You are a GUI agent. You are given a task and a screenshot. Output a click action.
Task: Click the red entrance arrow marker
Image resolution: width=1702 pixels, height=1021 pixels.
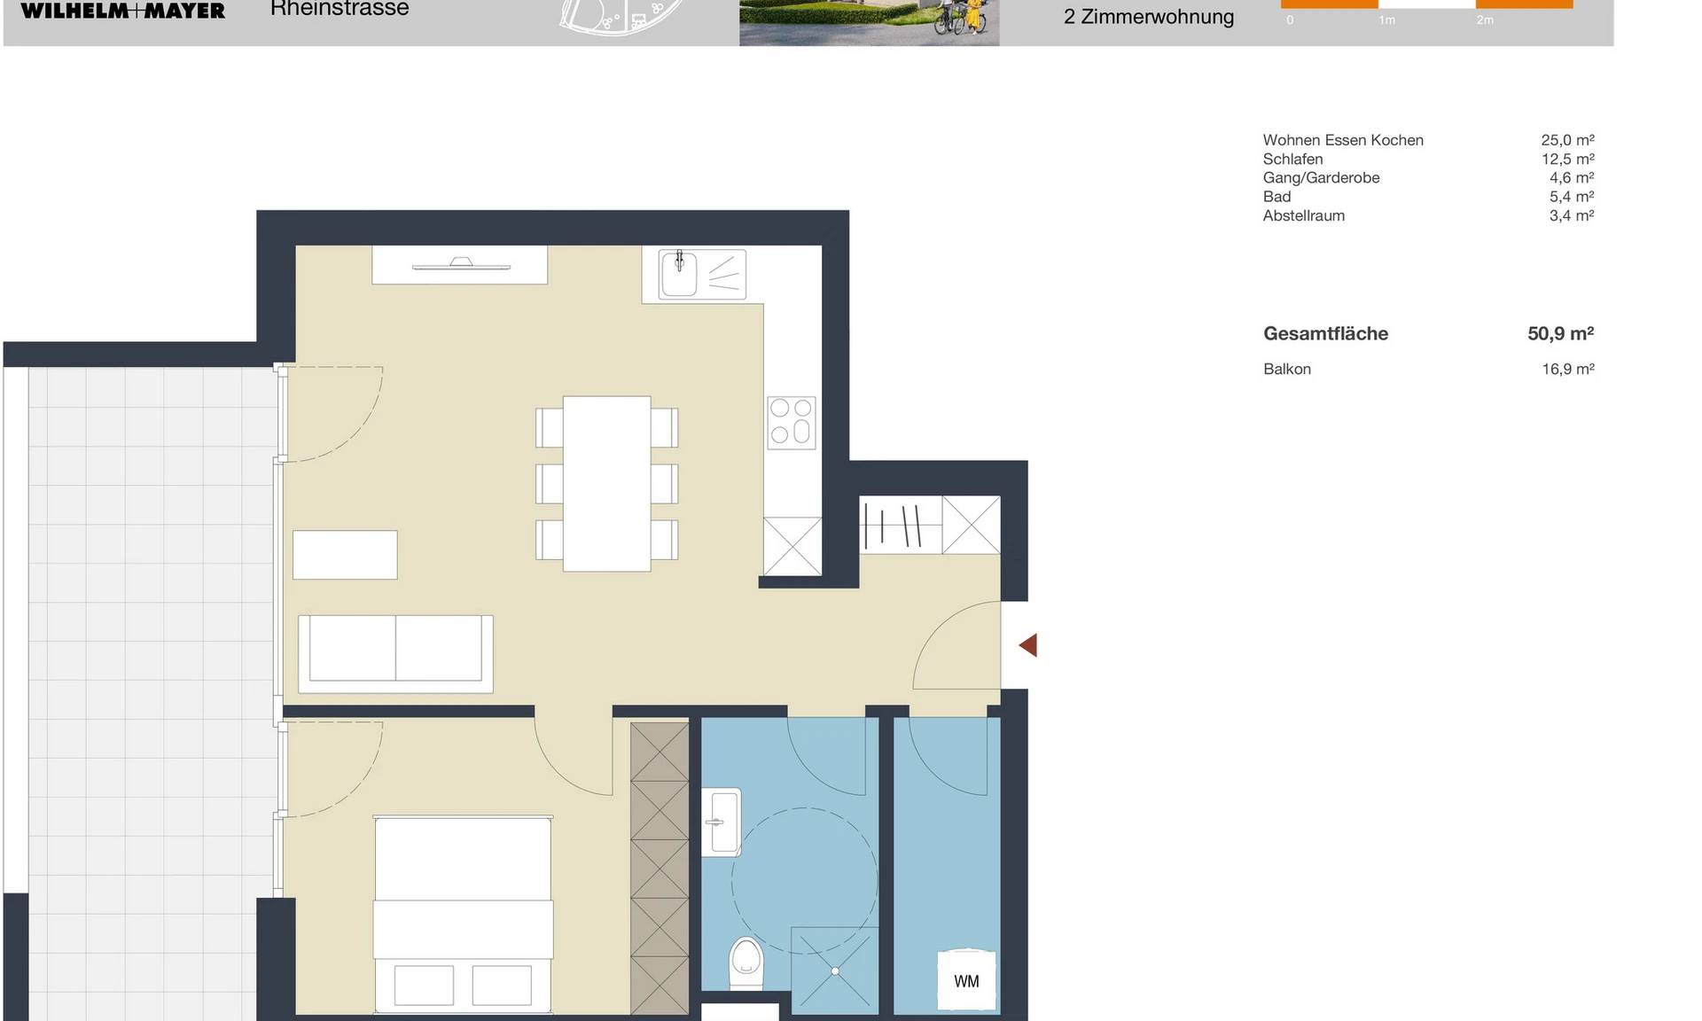(1028, 645)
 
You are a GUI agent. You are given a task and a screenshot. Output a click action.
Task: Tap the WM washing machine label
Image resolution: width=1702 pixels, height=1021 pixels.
(966, 981)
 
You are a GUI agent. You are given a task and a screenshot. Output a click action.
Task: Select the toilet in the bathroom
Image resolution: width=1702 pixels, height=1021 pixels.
(746, 963)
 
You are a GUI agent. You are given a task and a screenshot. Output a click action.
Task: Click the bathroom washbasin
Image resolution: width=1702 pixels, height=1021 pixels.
(722, 822)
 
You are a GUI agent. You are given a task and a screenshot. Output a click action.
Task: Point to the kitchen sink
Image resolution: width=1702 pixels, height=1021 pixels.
(680, 273)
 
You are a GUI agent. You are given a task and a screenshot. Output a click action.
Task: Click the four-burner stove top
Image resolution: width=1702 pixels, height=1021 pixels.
(792, 422)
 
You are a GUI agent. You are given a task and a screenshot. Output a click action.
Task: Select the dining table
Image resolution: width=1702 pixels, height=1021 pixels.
(607, 484)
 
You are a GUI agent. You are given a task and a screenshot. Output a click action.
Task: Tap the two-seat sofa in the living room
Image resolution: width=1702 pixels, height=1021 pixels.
(395, 654)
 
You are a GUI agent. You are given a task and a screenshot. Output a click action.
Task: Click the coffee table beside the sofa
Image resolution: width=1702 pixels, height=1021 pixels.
(345, 555)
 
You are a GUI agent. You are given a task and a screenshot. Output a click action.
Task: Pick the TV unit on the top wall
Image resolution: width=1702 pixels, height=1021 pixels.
(459, 265)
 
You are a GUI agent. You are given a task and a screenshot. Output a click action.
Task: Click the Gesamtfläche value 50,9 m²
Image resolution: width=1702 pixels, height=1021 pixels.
(1560, 334)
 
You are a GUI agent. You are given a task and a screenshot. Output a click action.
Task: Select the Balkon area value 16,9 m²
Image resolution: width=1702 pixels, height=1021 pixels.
(1568, 369)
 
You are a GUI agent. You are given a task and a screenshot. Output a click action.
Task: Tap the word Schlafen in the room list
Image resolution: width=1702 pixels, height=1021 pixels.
(1292, 160)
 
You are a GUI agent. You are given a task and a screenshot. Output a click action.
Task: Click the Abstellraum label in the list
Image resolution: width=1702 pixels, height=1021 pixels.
(1304, 215)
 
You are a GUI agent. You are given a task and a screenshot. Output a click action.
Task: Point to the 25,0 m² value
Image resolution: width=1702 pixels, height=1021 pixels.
(1567, 140)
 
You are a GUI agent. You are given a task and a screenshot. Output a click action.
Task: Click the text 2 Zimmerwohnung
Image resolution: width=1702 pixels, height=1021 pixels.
(1149, 17)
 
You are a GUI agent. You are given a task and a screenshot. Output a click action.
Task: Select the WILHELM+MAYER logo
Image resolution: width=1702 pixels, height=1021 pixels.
(123, 10)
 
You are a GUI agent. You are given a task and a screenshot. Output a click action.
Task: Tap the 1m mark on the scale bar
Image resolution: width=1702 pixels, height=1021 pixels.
(1386, 20)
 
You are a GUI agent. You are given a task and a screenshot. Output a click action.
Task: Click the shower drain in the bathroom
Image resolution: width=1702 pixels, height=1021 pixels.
(835, 971)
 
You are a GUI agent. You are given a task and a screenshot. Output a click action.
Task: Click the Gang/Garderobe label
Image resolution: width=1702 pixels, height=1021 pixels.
(1321, 178)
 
